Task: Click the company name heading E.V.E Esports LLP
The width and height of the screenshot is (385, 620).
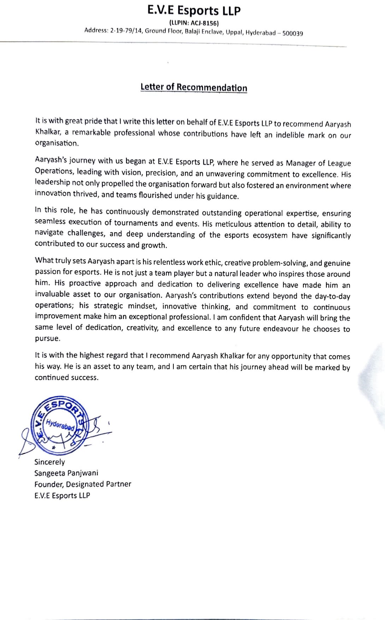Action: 194,11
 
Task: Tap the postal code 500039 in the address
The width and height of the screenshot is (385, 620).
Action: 292,34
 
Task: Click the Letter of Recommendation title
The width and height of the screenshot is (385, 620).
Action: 194,87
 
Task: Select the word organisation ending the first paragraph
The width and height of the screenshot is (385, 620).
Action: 56,143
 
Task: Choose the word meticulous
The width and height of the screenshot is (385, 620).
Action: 233,224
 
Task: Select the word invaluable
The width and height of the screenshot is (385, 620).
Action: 53,295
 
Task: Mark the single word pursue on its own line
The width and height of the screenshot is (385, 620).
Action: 47,338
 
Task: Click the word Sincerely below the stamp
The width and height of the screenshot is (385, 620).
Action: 49,462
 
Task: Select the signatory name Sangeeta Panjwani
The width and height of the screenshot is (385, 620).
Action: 66,473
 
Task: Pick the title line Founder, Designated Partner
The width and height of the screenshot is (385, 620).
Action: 83,484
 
